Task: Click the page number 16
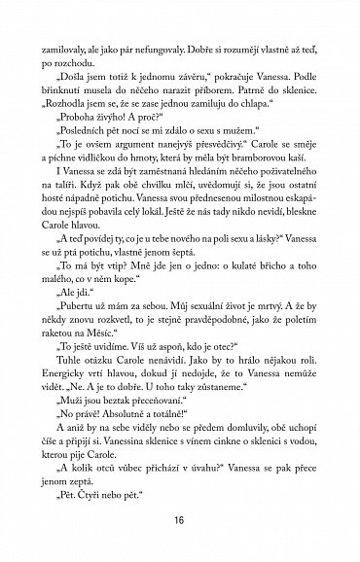tap(179, 520)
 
